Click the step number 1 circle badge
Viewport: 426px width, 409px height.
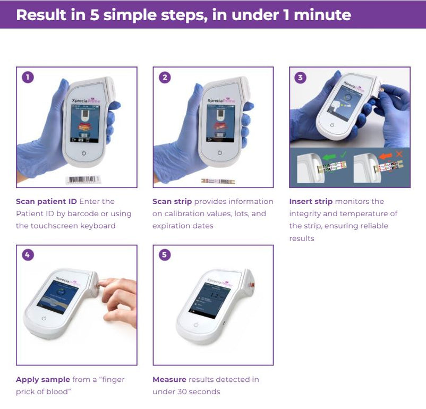pyautogui.click(x=28, y=77)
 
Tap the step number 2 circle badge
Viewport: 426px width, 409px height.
pyautogui.click(x=165, y=77)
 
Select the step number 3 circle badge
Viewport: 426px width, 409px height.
pyautogui.click(x=301, y=78)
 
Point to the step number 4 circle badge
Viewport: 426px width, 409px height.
pyautogui.click(x=28, y=255)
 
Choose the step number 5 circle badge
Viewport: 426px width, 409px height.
pyautogui.click(x=165, y=255)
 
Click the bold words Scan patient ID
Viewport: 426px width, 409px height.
pyautogui.click(x=47, y=201)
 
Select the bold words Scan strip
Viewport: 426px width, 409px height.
pyautogui.click(x=172, y=201)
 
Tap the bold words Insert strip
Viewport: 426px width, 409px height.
pyautogui.click(x=311, y=201)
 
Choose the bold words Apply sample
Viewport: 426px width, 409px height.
pyautogui.click(x=42, y=379)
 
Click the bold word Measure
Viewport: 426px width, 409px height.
pyautogui.click(x=169, y=379)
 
